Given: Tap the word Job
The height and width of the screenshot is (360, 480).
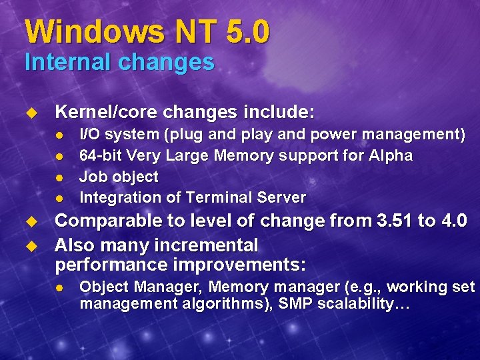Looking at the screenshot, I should (91, 177).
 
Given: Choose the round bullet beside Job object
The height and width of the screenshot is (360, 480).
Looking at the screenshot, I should (59, 177).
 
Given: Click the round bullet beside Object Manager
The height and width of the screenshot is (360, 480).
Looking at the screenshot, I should (59, 288).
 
